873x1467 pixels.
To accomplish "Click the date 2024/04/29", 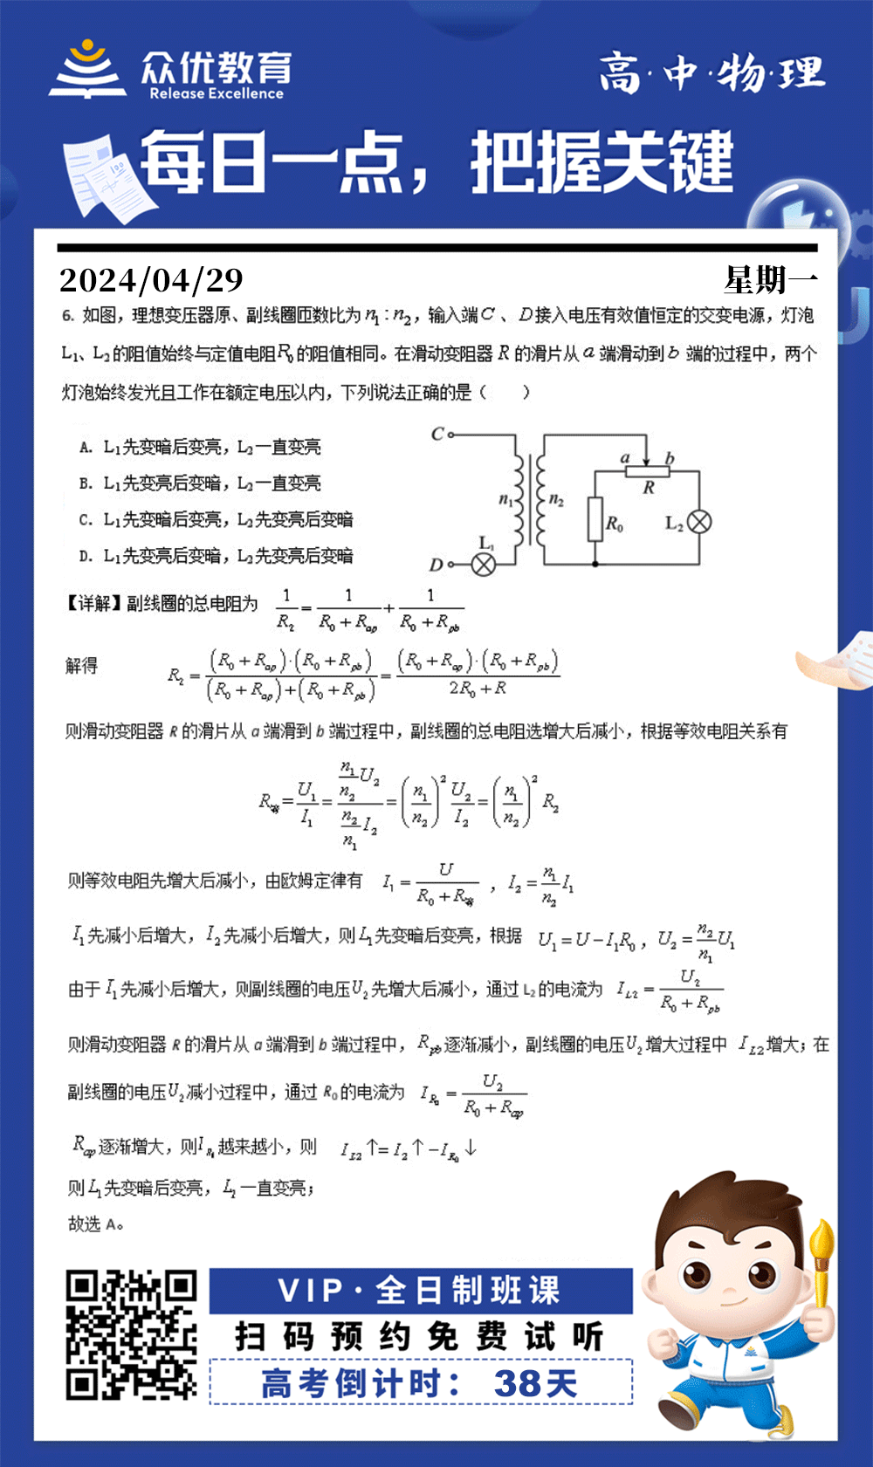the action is point(151,280).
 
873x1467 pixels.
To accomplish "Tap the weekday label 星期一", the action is point(770,280).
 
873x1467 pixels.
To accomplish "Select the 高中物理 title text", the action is point(711,73).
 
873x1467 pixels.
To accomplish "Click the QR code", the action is point(132,1335).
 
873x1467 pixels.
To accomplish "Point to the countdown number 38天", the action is point(535,1383).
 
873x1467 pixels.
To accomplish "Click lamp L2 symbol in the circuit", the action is point(699,522).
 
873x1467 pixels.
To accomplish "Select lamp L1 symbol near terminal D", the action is point(484,564).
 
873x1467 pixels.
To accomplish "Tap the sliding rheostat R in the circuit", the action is point(647,471).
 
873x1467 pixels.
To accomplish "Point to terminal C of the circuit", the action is point(450,434).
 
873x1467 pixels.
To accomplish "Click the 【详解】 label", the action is point(94,603).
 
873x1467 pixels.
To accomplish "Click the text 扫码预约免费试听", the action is point(419,1337).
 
